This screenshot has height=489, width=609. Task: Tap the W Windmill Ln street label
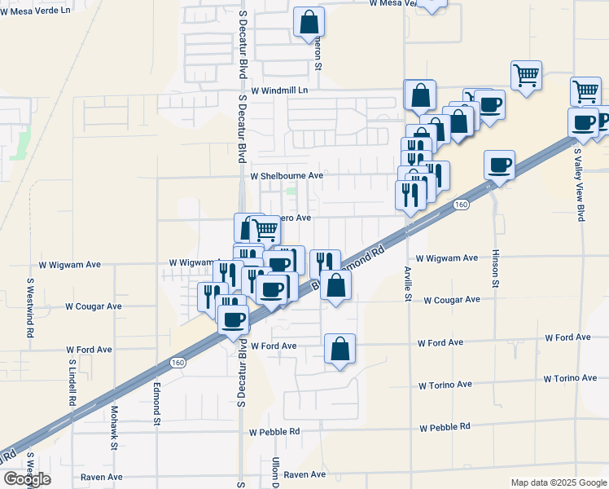(x=280, y=90)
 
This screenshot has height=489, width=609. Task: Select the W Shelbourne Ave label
(x=287, y=176)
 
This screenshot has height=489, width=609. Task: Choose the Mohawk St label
(x=115, y=428)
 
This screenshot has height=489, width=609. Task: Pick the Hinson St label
(x=495, y=270)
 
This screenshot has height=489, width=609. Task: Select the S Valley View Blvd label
(x=581, y=183)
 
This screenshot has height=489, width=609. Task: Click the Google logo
(x=26, y=479)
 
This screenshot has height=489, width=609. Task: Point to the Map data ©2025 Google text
(x=558, y=482)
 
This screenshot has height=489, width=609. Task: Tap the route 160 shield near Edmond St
(x=177, y=362)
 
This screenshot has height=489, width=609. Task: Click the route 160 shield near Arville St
(x=461, y=204)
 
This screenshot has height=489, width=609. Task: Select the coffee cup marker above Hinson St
(x=499, y=166)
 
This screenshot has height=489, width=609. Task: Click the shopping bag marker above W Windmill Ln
(x=309, y=23)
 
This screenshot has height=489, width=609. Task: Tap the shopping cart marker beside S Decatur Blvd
(x=265, y=230)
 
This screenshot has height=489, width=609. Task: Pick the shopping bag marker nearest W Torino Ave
(x=340, y=349)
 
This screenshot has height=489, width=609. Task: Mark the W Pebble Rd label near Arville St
(x=445, y=427)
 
